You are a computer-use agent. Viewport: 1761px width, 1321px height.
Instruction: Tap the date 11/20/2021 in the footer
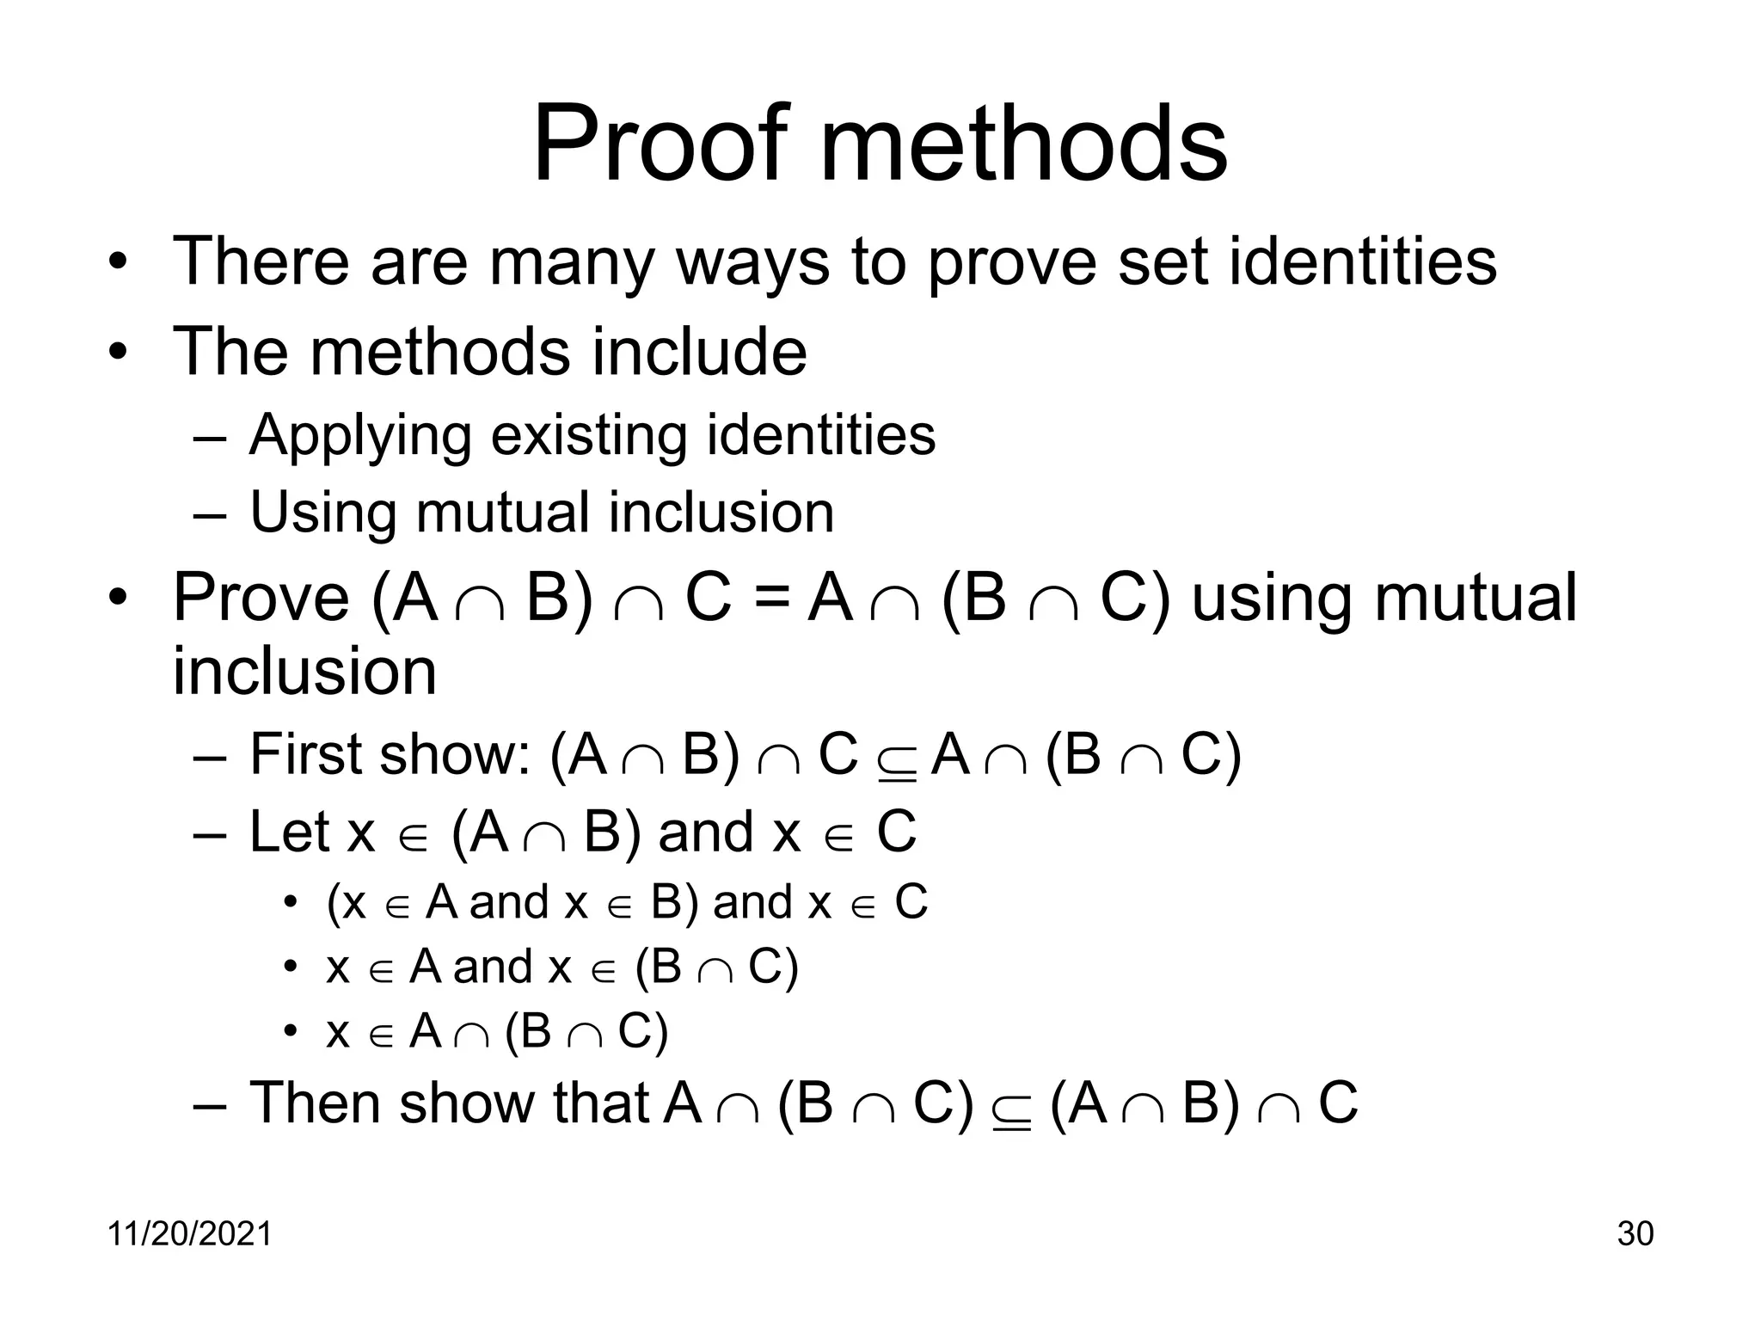[x=189, y=1234]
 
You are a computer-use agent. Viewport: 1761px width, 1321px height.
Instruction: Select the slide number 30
[x=1635, y=1234]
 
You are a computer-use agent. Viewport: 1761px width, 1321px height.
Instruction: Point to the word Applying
[x=359, y=435]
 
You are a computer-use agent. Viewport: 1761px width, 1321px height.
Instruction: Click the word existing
[x=589, y=435]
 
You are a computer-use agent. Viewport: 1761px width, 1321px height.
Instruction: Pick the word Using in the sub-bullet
[x=322, y=513]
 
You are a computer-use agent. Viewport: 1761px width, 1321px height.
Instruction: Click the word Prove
[x=261, y=598]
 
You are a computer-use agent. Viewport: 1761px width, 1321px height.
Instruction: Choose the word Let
[x=289, y=832]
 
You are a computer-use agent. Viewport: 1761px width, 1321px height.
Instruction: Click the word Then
[x=314, y=1103]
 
